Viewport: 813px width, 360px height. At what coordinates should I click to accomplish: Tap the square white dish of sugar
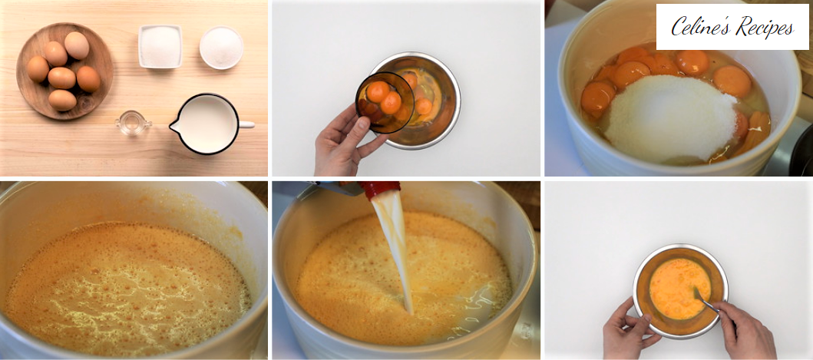tap(160, 46)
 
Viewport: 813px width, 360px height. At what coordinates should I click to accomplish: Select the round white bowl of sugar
tap(221, 48)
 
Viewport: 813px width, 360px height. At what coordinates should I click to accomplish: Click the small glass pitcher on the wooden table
tap(132, 124)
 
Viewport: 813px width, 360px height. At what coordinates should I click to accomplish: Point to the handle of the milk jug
tap(246, 124)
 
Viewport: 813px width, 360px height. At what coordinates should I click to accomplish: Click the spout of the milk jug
tap(175, 125)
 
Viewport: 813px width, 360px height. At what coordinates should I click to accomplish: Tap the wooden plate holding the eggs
tap(64, 71)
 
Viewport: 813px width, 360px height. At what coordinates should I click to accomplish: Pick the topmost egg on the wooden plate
tap(77, 45)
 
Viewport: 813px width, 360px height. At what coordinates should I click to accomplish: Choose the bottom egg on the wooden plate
tap(62, 100)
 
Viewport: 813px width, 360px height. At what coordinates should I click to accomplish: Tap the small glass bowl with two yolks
tap(385, 102)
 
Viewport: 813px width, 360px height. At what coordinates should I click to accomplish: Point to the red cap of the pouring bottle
tap(381, 190)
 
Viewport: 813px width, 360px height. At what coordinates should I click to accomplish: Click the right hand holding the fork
tap(745, 331)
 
